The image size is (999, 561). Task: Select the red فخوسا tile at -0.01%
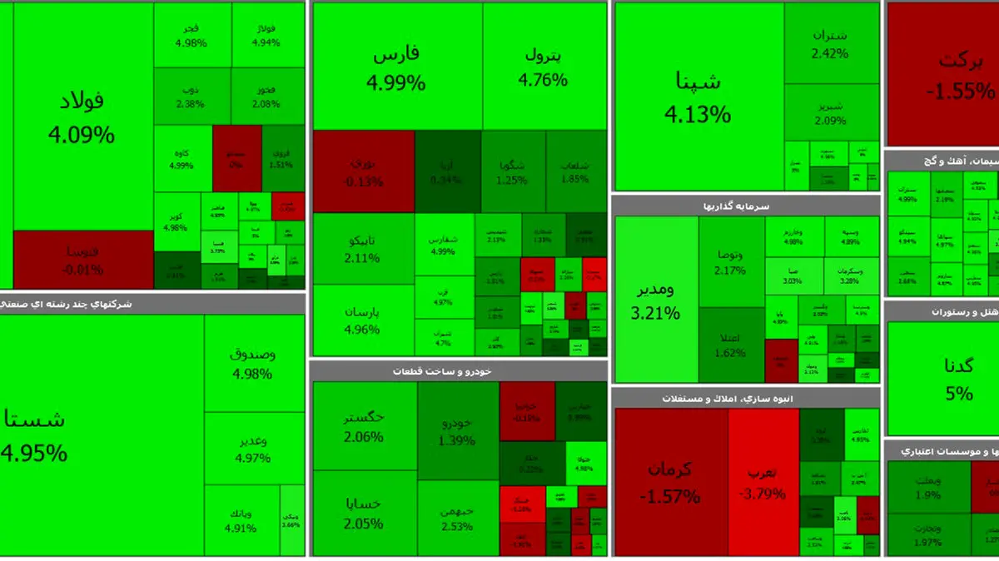coord(83,259)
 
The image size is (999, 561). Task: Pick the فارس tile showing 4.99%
coord(396,68)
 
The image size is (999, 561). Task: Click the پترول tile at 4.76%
coord(544,68)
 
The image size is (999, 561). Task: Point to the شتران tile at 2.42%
coord(830,43)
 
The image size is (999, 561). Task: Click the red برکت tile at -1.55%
coord(941,75)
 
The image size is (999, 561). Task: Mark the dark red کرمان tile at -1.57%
coord(670,481)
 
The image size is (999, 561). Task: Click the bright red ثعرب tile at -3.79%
coord(763,481)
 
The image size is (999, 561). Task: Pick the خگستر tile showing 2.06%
coord(364,424)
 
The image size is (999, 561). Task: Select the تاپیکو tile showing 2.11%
coord(363,248)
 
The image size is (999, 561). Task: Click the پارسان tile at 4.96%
coord(363,320)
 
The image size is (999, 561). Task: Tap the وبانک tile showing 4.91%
coord(241,519)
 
